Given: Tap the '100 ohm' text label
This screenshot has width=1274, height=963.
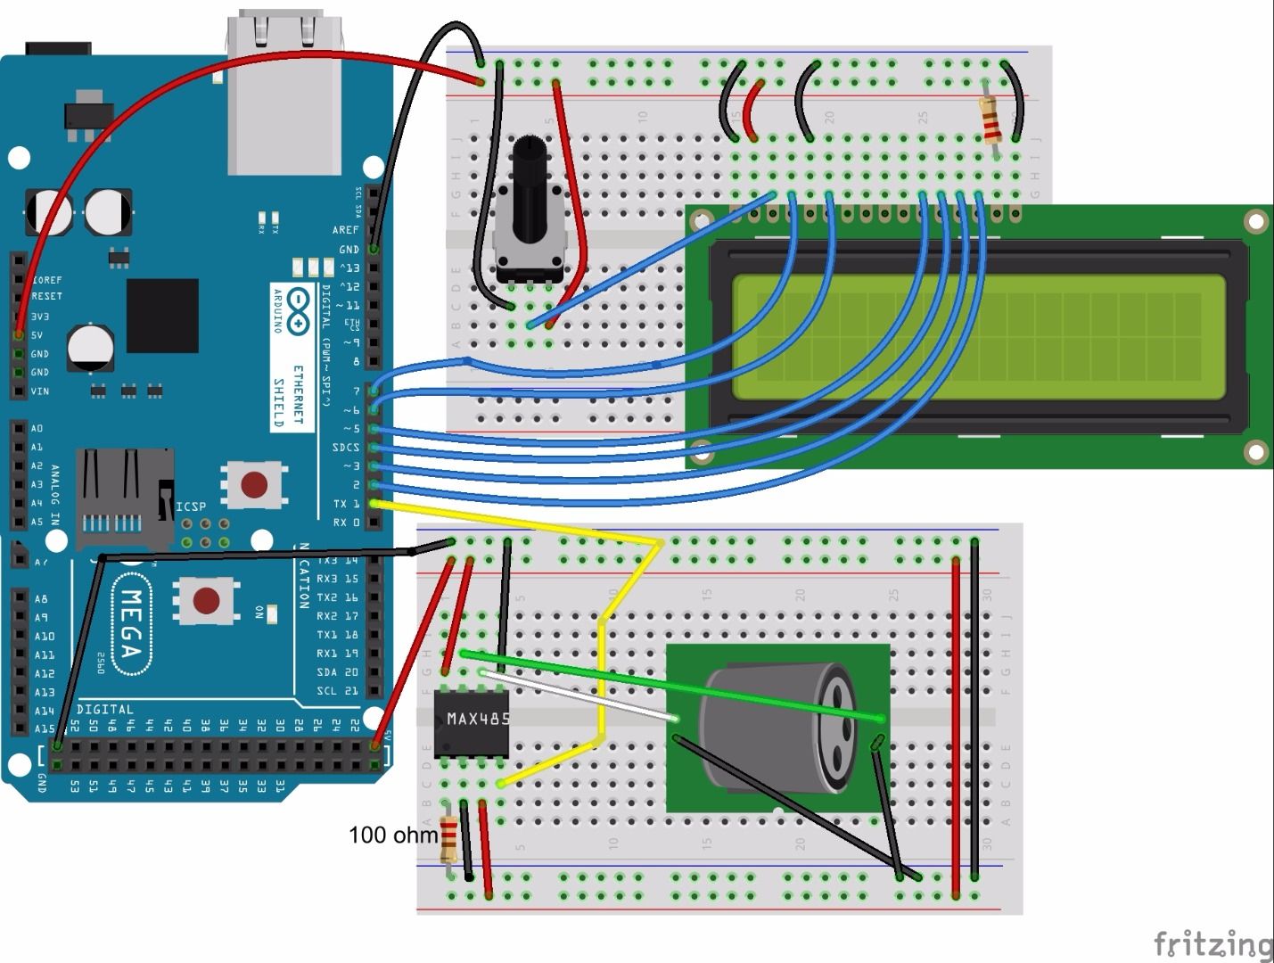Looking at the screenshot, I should pyautogui.click(x=392, y=835).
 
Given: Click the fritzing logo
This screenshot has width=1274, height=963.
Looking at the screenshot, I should pyautogui.click(x=1212, y=943).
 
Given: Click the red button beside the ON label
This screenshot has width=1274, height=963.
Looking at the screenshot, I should pyautogui.click(x=207, y=600).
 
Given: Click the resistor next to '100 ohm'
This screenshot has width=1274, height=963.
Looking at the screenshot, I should pyautogui.click(x=448, y=840).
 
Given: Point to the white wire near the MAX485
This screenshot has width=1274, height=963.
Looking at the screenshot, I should pyautogui.click(x=579, y=695).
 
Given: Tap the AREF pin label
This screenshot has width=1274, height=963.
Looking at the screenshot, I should pyautogui.click(x=345, y=230).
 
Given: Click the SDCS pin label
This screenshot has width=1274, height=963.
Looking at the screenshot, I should pyautogui.click(x=345, y=448).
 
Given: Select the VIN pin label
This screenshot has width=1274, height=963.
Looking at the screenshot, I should pyautogui.click(x=40, y=391).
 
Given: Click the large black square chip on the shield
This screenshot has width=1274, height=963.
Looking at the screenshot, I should pyautogui.click(x=162, y=315).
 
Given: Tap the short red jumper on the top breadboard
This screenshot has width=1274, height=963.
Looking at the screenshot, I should pyautogui.click(x=754, y=111).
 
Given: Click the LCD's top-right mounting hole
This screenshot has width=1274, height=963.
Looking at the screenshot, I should pyautogui.click(x=1255, y=220).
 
